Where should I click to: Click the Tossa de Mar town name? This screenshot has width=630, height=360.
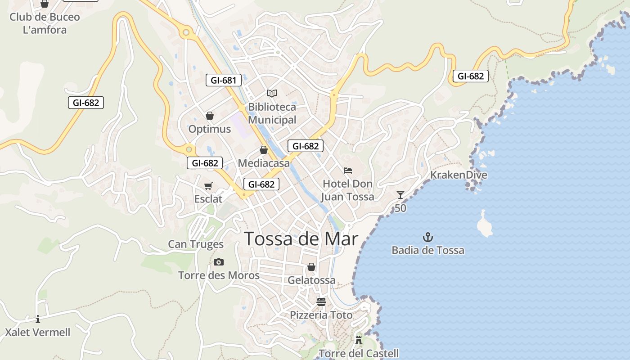(301, 239)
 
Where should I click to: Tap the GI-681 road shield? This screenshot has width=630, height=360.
(223, 81)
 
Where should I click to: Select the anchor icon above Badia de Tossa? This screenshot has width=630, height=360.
(428, 237)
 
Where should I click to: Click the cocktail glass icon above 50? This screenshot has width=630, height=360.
(400, 195)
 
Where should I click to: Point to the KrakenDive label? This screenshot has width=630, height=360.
(459, 175)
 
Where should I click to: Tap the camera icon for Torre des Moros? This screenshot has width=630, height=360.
(219, 262)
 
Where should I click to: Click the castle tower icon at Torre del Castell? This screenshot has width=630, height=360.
(359, 340)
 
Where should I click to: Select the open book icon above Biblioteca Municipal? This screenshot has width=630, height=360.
(271, 93)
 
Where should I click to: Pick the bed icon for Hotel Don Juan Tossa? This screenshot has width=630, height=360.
(348, 171)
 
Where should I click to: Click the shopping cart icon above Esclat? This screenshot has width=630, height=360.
(208, 186)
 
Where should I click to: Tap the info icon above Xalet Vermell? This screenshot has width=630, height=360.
(38, 319)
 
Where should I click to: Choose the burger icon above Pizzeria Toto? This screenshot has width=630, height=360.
(321, 301)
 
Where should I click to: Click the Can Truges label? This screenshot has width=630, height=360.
(196, 244)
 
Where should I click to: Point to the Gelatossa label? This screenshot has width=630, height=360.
(311, 280)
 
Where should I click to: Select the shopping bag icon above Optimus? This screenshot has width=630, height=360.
(209, 116)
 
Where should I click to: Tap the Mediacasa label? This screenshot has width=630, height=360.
(264, 163)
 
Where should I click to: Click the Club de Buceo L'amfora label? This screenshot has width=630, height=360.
(45, 23)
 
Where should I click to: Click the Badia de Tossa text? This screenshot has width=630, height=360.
(428, 250)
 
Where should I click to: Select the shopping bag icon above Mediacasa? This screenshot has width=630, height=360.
(264, 150)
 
